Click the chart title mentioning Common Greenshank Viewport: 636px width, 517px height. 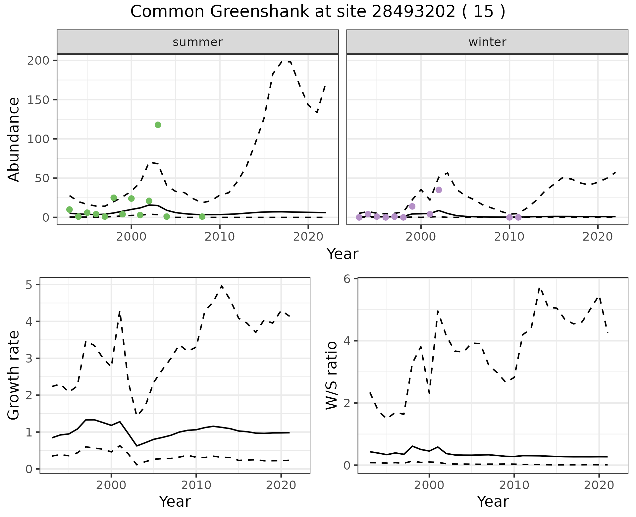318,12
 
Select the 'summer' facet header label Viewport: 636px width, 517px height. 197,42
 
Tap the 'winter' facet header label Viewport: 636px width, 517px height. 487,42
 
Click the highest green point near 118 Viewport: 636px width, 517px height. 158,125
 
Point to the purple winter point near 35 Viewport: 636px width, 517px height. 439,190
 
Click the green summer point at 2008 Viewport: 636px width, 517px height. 202,217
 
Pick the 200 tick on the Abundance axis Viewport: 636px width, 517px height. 42,60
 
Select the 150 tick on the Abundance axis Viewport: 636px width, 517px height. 42,100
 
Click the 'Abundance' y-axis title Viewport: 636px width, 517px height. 14,139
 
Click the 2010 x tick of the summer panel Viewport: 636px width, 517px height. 220,237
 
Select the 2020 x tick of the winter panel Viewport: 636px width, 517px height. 598,237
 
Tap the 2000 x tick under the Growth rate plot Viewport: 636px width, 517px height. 111,485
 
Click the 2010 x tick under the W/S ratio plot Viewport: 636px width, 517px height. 514,485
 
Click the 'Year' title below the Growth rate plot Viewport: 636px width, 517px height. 175,501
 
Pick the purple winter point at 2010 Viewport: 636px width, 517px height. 509,217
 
